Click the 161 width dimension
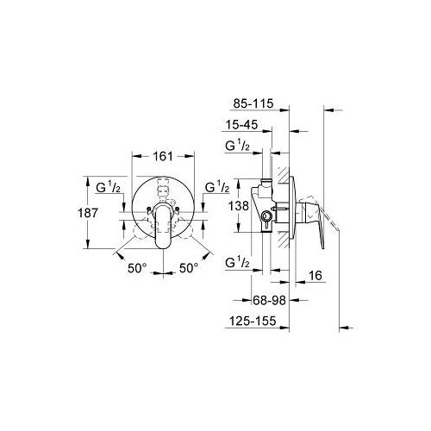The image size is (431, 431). [163, 156]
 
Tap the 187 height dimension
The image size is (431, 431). [88, 213]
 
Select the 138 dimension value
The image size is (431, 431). [239, 206]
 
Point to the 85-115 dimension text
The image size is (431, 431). [253, 103]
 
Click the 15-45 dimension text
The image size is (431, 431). [241, 125]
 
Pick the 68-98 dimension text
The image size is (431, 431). [270, 301]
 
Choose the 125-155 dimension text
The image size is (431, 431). [253, 321]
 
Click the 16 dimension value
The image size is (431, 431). [315, 276]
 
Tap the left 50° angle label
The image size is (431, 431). [137, 268]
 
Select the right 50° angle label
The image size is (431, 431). [189, 268]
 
